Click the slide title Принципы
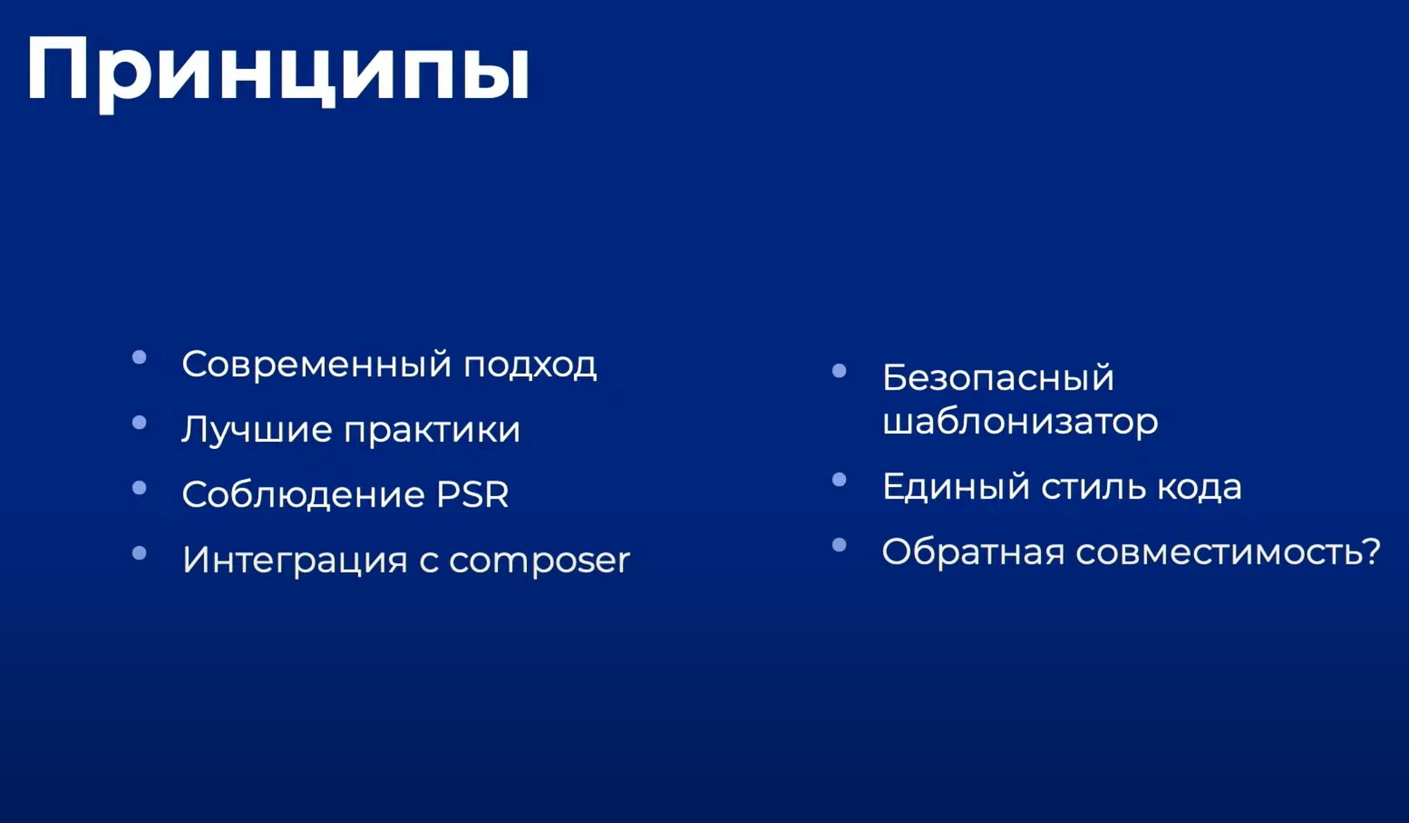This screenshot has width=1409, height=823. click(x=278, y=71)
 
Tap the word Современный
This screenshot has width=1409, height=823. click(x=316, y=364)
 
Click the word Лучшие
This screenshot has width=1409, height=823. click(x=256, y=430)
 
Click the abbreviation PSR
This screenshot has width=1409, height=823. click(x=473, y=495)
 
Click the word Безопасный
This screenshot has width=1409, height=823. click(x=998, y=378)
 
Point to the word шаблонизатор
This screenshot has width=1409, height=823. click(x=1020, y=421)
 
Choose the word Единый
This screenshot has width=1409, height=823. click(x=956, y=487)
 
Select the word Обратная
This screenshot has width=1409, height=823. click(x=973, y=551)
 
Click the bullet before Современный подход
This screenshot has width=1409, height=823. click(x=139, y=357)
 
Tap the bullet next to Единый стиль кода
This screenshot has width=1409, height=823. click(x=839, y=480)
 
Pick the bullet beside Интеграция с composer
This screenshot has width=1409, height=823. click(x=139, y=553)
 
